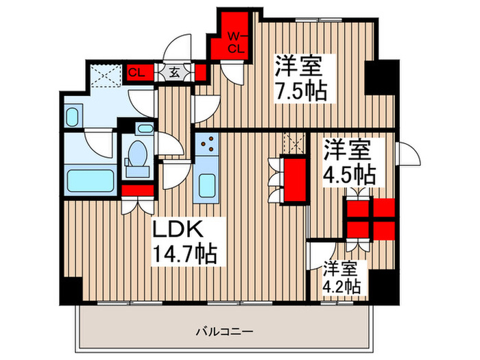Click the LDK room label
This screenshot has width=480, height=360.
(178, 230)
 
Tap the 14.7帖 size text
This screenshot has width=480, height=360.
(184, 254)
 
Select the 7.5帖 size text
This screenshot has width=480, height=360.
(301, 91)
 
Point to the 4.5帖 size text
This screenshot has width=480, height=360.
(349, 174)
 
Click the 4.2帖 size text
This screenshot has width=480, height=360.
(342, 287)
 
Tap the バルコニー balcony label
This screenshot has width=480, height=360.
(225, 331)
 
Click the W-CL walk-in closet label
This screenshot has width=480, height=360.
(237, 43)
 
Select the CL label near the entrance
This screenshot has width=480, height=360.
(136, 73)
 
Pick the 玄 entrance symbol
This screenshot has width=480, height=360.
(174, 73)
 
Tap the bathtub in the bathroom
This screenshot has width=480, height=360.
(91, 180)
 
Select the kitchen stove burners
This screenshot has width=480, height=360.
(207, 144)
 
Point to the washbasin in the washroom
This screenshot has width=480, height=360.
(73, 117)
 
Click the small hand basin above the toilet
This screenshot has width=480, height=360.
(145, 128)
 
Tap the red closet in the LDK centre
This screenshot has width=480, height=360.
(295, 180)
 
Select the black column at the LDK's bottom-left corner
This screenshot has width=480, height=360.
(71, 290)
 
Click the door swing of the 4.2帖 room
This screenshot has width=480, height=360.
(322, 256)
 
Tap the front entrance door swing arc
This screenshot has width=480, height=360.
(177, 49)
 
